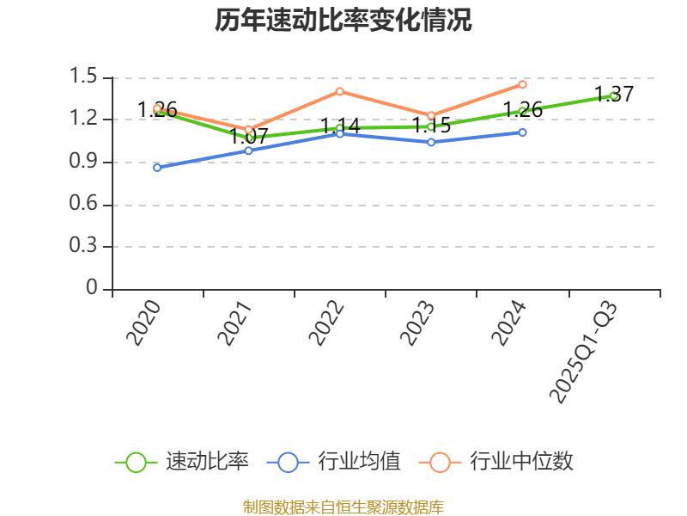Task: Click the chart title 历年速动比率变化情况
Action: click(x=343, y=21)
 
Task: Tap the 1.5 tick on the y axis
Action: click(x=86, y=77)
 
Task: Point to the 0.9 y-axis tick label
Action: click(x=86, y=162)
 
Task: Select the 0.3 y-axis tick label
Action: click(x=86, y=246)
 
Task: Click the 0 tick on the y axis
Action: click(x=93, y=289)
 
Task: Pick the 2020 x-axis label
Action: click(x=144, y=323)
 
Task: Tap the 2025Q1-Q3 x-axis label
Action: click(x=584, y=353)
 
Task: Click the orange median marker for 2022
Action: click(x=340, y=91)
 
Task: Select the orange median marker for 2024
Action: click(x=522, y=84)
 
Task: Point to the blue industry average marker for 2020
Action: click(x=157, y=167)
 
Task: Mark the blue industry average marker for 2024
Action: click(x=522, y=132)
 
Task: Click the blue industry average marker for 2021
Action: click(x=248, y=150)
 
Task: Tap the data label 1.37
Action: click(x=614, y=95)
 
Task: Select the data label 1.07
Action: click(x=249, y=136)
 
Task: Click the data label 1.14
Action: click(x=340, y=126)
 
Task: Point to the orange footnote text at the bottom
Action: click(x=343, y=507)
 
